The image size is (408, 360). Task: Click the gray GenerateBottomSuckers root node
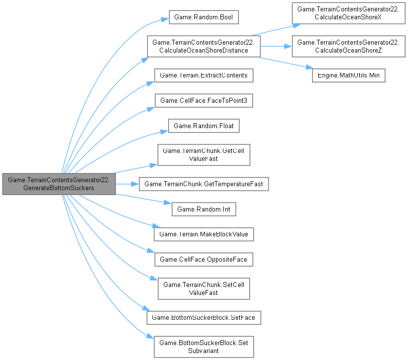[59, 184]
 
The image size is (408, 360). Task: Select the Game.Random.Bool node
[204, 17]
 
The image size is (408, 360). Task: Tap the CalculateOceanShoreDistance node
[204, 46]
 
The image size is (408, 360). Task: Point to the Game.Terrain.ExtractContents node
[204, 75]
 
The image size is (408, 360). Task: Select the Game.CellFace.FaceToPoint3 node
[204, 101]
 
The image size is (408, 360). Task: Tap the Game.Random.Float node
[204, 126]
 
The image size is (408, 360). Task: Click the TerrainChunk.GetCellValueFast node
[204, 155]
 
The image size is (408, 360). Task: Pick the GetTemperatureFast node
[204, 184]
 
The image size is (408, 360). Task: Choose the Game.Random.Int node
[204, 209]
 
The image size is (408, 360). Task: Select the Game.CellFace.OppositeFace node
[204, 259]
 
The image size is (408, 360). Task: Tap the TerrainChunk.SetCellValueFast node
[204, 288]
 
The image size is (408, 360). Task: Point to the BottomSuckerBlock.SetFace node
[204, 317]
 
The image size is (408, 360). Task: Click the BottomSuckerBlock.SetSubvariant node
[204, 346]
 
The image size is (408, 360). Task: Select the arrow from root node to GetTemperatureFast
[127, 184]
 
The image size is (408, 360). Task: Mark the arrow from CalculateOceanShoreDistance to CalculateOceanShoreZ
[276, 46]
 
